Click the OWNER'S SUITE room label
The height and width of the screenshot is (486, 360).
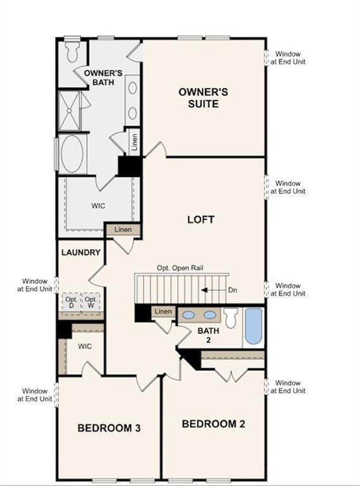point(203,97)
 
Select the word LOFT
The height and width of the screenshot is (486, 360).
point(201,220)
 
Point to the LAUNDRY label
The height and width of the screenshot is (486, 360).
point(81,252)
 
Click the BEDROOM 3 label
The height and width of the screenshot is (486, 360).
point(109,428)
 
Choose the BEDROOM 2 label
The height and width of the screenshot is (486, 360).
point(213,424)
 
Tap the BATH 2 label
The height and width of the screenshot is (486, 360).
point(207,335)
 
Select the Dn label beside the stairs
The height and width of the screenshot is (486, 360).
point(233,290)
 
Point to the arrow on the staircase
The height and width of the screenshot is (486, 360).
point(212,290)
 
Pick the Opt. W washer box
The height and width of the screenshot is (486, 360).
point(91,302)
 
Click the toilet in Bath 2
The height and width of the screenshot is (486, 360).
point(231,317)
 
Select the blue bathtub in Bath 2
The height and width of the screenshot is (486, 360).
point(254,327)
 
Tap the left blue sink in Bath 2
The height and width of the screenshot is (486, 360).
point(188,314)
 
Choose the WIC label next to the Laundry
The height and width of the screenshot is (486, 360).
point(85,347)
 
